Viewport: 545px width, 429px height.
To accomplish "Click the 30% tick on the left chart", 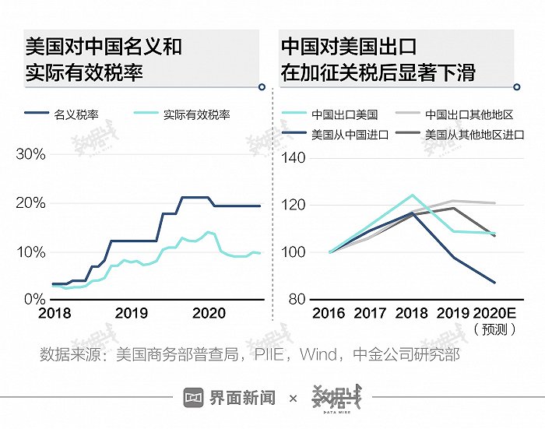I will click(x=31, y=154).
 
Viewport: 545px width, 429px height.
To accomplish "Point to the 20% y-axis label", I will click(x=31, y=203).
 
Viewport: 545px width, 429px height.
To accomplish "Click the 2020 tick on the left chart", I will click(x=209, y=313).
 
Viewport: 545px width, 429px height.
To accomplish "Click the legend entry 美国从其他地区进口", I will click(x=473, y=134).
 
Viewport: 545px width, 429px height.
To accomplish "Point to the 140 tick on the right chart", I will click(x=296, y=158).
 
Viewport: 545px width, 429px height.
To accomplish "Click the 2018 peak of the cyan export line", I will click(x=412, y=195).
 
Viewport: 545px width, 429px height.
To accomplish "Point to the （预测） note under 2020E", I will click(x=494, y=329).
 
